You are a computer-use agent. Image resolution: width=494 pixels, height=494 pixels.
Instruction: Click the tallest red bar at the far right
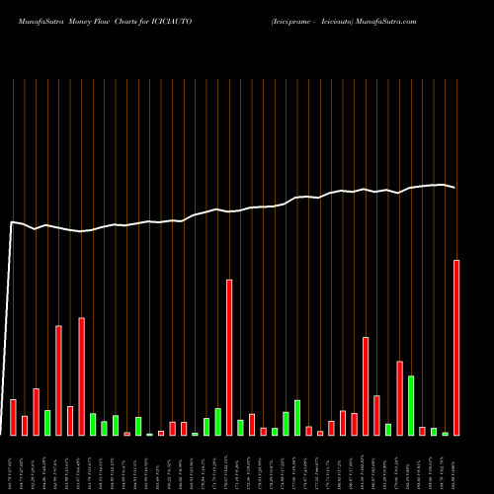click(456, 347)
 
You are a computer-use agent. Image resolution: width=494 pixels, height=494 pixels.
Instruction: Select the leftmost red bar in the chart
click(13, 417)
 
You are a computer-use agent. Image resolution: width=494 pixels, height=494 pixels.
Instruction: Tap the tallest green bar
click(411, 405)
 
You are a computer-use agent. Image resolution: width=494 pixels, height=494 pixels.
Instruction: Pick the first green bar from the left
click(47, 422)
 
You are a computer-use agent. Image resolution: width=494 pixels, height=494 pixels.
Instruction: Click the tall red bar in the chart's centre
click(229, 357)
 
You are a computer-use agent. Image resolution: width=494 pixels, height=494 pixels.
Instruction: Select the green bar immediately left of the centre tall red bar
click(217, 421)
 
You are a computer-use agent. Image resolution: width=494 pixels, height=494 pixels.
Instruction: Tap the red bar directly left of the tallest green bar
click(399, 397)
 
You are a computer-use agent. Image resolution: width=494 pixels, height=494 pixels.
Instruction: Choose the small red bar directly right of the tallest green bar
click(423, 431)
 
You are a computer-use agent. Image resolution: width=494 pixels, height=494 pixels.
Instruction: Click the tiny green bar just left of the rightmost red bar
click(446, 434)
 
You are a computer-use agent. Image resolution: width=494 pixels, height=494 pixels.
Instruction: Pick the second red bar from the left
click(25, 425)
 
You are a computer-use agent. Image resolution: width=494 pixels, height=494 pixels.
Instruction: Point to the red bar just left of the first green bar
click(36, 411)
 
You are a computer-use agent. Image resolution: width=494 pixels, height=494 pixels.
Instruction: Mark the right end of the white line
click(455, 188)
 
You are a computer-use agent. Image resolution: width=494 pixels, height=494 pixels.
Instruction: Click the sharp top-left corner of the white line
click(12, 222)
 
